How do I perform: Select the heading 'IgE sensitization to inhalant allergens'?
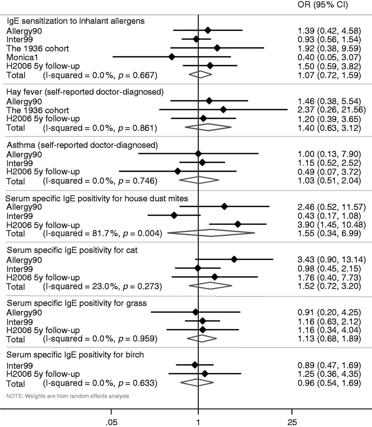pyautogui.click(x=75, y=21)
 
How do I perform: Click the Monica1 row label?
pyautogui.click(x=22, y=57)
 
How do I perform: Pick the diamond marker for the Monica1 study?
pyautogui.click(x=172, y=57)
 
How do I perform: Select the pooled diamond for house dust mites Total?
pyautogui.click(x=211, y=233)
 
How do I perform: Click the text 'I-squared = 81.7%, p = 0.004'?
pyautogui.click(x=102, y=233)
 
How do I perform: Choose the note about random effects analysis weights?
pyautogui.click(x=68, y=395)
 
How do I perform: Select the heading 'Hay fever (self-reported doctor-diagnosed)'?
pyautogui.click(x=85, y=92)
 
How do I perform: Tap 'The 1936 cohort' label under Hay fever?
pyautogui.click(x=38, y=110)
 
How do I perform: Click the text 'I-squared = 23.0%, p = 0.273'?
pyautogui.click(x=102, y=286)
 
